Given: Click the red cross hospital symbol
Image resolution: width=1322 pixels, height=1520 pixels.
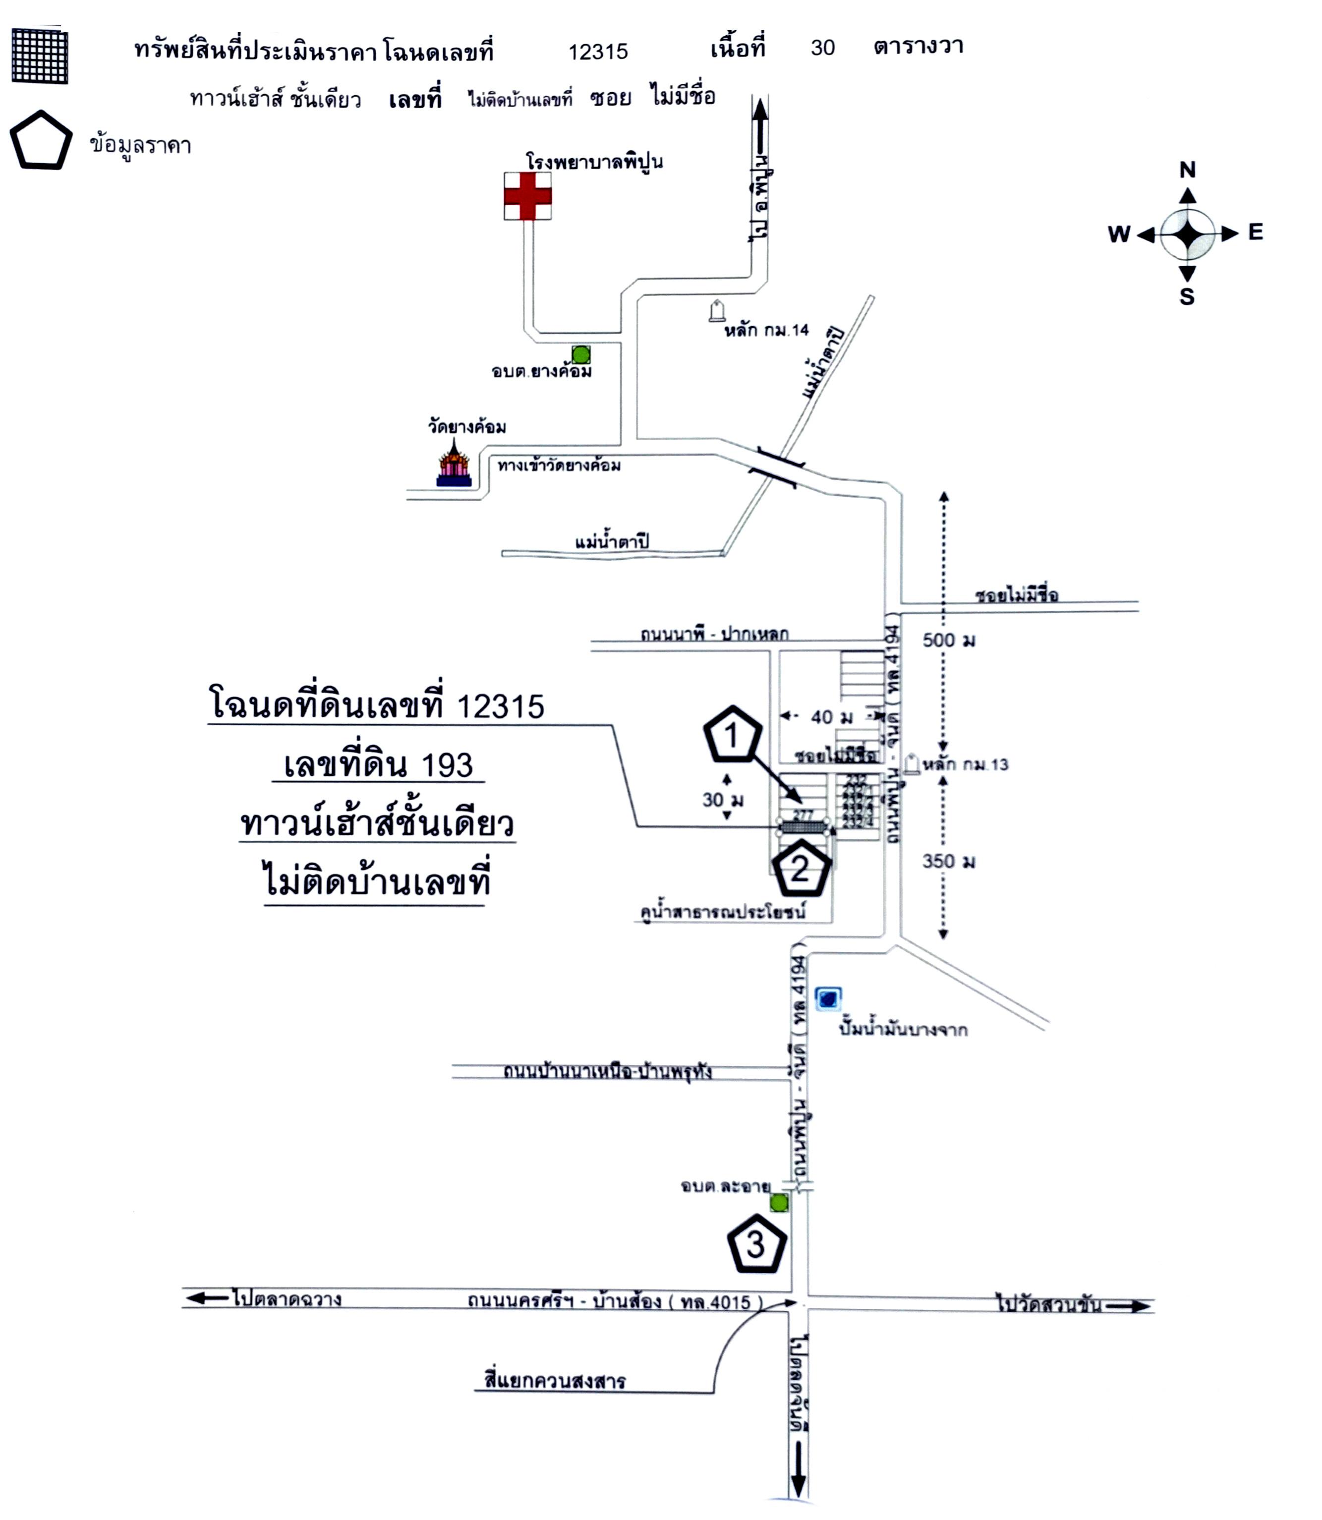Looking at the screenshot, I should click(527, 196).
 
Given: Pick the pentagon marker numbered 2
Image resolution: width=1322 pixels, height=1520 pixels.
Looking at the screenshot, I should click(801, 869).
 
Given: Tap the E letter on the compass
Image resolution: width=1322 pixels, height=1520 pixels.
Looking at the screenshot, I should click(1256, 233).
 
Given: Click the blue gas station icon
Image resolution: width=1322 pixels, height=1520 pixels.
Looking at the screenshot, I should click(828, 999).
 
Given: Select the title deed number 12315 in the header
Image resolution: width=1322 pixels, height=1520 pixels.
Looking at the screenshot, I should click(598, 52).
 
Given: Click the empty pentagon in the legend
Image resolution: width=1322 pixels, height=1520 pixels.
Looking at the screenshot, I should click(41, 141).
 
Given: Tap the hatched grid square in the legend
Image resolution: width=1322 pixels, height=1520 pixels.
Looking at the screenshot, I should click(40, 56).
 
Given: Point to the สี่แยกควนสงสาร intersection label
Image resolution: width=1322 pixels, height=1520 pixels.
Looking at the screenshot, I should click(555, 1381).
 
